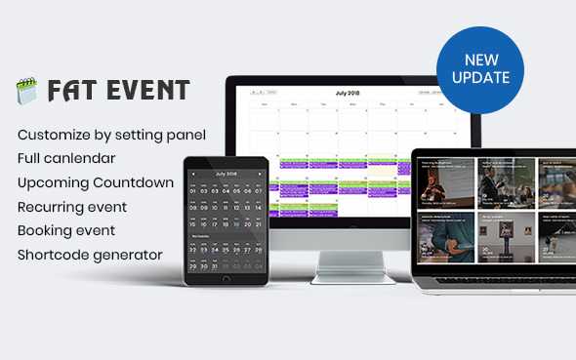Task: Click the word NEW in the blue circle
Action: pos(480,60)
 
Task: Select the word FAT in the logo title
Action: pos(71,92)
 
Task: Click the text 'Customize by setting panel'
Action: pos(111,134)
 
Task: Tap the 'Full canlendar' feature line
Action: pos(66,158)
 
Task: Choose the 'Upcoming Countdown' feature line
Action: pos(96,182)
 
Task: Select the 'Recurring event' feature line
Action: pos(72,207)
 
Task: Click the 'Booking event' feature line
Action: pos(66,231)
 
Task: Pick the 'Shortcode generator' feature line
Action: pos(90,256)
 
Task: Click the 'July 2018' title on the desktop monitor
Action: pos(347,94)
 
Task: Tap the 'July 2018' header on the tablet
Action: pos(226,173)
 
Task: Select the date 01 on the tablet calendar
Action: pos(192,192)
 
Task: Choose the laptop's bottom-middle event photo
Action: pos(496,233)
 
